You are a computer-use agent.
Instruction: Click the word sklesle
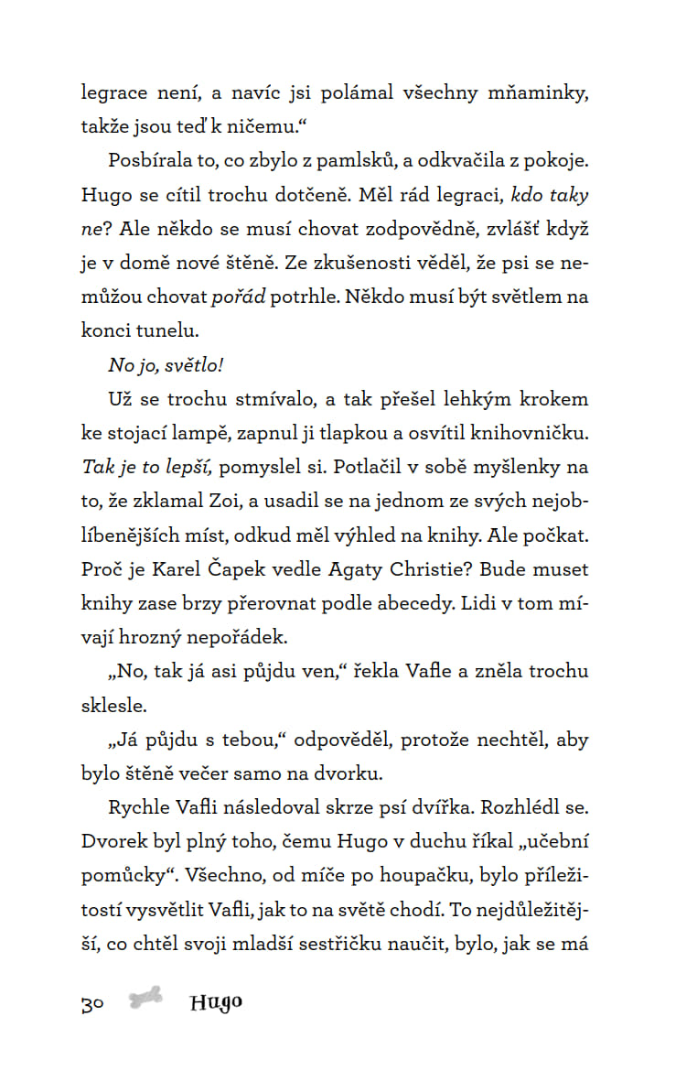[111, 706]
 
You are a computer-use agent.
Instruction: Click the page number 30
[92, 1003]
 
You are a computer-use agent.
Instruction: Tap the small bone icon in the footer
[145, 1000]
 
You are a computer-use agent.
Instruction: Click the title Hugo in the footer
[217, 1002]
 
